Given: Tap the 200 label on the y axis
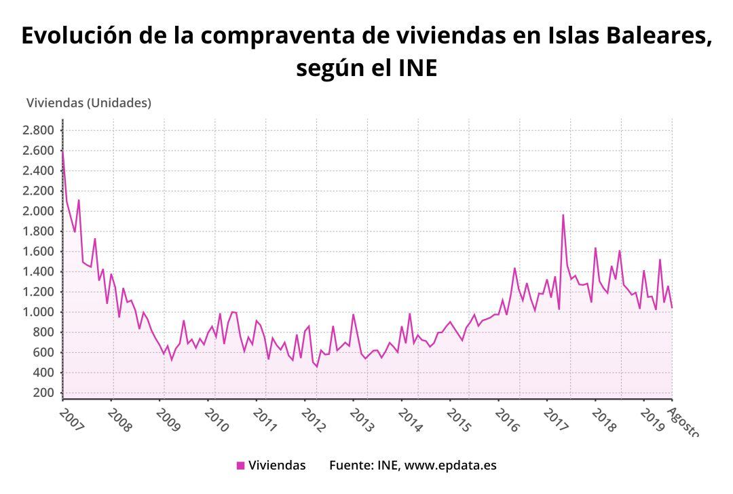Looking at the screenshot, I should (x=44, y=393).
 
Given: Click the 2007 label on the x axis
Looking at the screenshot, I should (x=71, y=419).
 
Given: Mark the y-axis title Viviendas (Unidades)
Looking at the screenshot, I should (x=88, y=103).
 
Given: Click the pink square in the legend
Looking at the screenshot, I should (x=240, y=465).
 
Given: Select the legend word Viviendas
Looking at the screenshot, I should (x=277, y=465).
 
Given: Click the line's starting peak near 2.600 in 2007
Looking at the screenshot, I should (x=62, y=151).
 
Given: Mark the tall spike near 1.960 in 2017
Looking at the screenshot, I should (x=563, y=215).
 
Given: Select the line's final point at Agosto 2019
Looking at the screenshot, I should (x=672, y=307).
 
